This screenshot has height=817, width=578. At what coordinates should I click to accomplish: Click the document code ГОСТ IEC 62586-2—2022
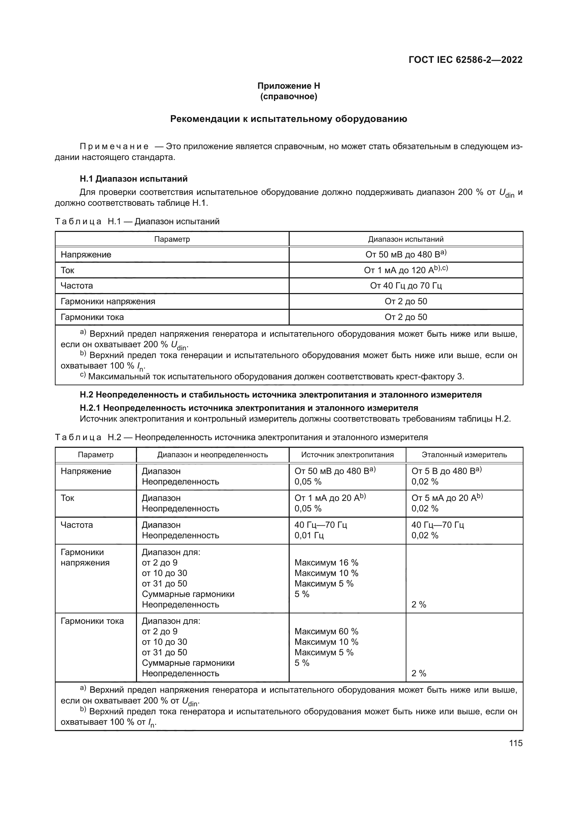tap(465, 60)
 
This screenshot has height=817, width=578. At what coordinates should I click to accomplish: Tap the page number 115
tap(516, 743)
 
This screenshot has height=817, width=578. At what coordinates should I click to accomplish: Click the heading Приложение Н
tap(289, 86)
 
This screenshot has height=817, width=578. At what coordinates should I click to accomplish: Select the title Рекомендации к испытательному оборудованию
tap(289, 119)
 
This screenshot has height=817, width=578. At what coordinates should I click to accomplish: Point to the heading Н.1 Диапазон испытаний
tap(133, 178)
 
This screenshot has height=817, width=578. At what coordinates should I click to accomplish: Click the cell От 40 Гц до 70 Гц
tap(406, 286)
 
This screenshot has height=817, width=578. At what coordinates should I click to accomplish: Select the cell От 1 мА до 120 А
tap(406, 270)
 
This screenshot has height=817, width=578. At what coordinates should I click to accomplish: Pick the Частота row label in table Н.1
tap(77, 286)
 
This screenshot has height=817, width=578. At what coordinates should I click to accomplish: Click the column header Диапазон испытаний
tap(406, 239)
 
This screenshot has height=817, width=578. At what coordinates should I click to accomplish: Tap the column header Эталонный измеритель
tap(464, 455)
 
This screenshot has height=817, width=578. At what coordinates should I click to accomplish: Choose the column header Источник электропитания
tap(347, 455)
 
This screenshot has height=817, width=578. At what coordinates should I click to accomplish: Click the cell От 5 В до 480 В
tap(446, 471)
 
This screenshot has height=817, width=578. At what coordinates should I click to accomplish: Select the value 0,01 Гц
tap(309, 535)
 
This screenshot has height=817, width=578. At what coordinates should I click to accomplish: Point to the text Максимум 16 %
tap(326, 563)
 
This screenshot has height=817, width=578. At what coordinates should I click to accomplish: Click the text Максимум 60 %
tap(326, 631)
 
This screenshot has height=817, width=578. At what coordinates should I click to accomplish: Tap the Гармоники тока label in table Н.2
tap(92, 621)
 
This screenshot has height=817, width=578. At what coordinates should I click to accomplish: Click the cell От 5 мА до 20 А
tap(447, 498)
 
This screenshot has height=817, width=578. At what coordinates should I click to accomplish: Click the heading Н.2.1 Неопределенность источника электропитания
tap(249, 408)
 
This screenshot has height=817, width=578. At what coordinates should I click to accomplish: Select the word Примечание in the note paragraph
tap(114, 147)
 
